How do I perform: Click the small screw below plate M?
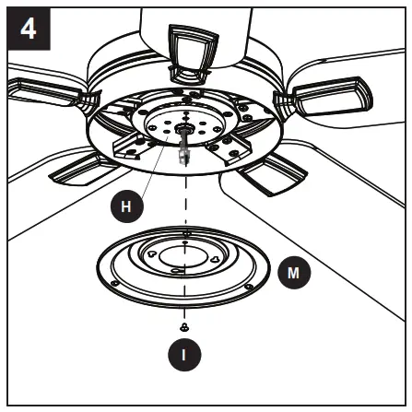(185, 327)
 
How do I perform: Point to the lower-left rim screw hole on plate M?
(115, 281)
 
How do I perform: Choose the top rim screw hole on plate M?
(187, 234)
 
